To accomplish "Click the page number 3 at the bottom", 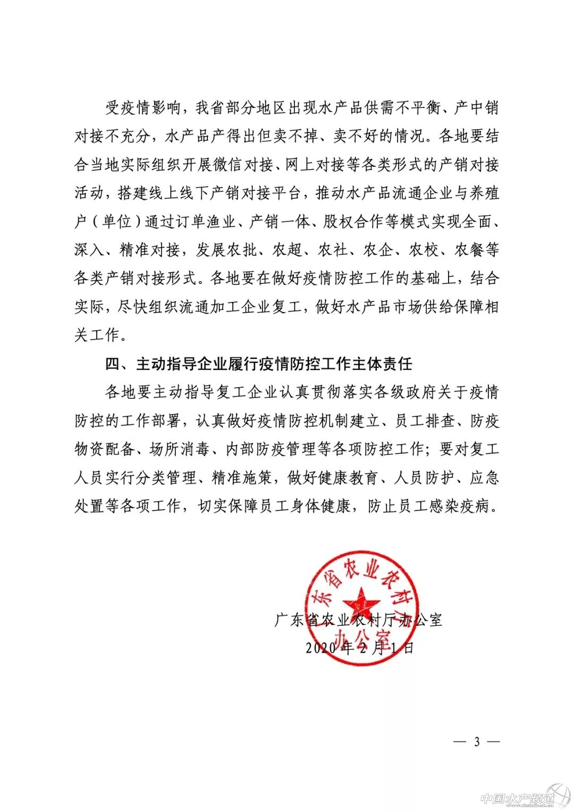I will [477, 741].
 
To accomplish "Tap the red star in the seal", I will [361, 602].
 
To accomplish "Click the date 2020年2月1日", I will [360, 648].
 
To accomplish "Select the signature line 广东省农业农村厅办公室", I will [358, 620].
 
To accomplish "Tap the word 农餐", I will [469, 250].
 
